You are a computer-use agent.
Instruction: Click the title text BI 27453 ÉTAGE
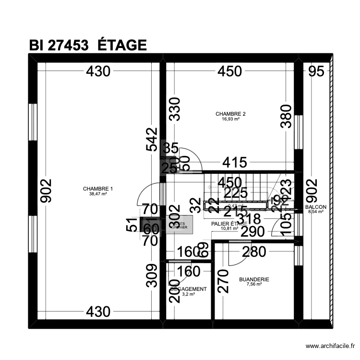coord(87,45)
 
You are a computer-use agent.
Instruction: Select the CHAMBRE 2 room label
coord(230,114)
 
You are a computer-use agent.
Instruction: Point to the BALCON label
coord(315,207)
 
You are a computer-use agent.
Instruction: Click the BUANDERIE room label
coord(254,279)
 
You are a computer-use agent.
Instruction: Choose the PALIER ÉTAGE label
coord(229,224)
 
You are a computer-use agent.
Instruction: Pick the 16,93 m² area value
coord(230,119)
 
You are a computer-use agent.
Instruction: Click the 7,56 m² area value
coord(254,284)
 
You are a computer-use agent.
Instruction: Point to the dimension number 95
coord(316,72)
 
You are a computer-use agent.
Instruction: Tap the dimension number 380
coord(286,117)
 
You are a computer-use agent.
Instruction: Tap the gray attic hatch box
coord(180,225)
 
